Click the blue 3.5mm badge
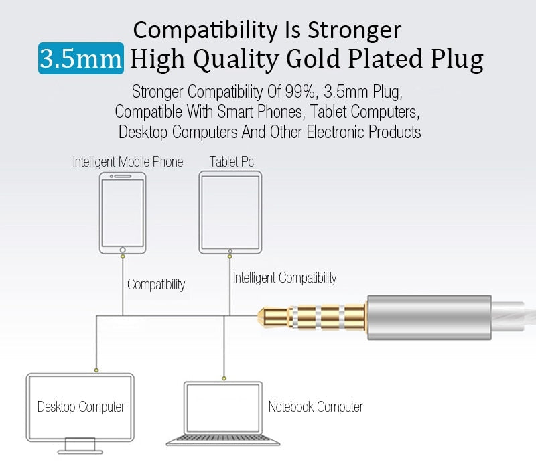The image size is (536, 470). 80,59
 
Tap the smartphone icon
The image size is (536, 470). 123,213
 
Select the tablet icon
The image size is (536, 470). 230,213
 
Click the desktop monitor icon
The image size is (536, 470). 80,405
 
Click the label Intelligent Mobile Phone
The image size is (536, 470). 127,162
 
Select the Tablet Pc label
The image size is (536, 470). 232,162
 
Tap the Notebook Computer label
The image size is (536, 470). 316,406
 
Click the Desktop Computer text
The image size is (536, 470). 81,406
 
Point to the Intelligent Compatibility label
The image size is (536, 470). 285,277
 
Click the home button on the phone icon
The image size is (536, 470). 123,250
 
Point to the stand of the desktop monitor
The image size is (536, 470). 80,444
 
